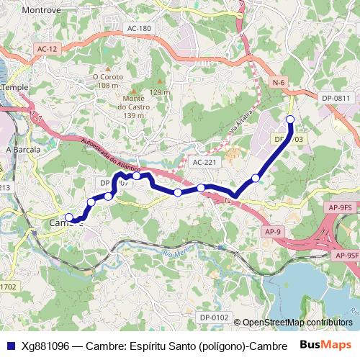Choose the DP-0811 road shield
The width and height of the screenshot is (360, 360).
point(336,98)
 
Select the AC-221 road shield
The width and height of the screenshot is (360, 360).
point(204,163)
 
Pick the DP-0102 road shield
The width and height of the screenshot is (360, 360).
point(214,317)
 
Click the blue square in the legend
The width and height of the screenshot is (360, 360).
point(10,345)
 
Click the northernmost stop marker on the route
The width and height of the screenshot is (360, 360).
point(290,120)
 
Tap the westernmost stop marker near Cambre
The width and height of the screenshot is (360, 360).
point(69,217)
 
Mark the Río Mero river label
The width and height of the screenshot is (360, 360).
point(175,254)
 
